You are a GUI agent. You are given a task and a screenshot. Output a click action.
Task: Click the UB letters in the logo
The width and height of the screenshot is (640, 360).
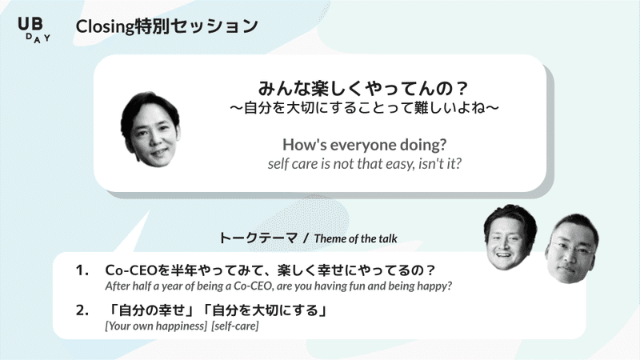(30, 24)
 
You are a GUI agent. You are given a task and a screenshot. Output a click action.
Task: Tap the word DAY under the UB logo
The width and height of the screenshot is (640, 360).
(38, 38)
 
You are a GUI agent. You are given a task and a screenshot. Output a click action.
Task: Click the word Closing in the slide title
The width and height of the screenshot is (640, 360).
(105, 27)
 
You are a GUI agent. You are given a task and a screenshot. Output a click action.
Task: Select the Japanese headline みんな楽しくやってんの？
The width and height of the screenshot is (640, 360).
(363, 88)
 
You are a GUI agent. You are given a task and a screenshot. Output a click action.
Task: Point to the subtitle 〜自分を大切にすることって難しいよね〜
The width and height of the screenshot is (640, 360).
(364, 108)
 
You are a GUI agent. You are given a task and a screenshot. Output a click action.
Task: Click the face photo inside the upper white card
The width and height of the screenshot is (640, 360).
(150, 130)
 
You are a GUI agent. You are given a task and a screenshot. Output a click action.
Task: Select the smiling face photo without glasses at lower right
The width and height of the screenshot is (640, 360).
(510, 238)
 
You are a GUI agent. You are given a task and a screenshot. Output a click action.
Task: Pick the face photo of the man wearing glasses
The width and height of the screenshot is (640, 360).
(572, 249)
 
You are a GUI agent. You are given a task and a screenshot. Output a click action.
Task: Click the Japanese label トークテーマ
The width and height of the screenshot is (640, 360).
(258, 238)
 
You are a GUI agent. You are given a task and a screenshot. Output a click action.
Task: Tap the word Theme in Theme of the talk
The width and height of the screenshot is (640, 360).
(328, 238)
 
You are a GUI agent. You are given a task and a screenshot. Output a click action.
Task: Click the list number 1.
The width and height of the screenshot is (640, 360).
(82, 270)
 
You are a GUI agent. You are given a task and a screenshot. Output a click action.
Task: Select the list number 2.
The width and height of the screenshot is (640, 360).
(82, 310)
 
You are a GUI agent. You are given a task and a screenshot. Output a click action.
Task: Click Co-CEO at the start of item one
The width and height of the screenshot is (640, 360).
(131, 270)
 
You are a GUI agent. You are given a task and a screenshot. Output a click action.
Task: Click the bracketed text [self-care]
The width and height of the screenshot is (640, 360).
(235, 326)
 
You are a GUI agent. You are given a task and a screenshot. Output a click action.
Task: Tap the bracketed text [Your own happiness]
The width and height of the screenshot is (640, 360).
(156, 326)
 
